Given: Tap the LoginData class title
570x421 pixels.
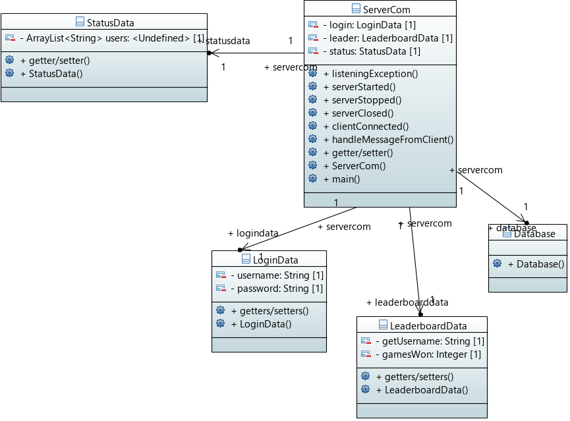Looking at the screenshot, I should [273, 259].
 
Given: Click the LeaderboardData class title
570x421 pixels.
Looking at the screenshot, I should [428, 325].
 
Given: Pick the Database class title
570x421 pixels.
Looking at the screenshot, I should [534, 234].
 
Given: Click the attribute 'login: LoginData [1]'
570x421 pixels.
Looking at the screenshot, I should [369, 25].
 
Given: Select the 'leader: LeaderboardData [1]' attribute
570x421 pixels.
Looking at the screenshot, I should [387, 38].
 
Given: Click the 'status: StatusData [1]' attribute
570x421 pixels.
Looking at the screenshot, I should [372, 51].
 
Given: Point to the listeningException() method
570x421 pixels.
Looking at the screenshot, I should [374, 74].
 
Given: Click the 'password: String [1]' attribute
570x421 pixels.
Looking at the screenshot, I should [277, 289].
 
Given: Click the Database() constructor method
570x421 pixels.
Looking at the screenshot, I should [536, 264].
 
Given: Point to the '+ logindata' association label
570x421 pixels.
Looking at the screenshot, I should [253, 233].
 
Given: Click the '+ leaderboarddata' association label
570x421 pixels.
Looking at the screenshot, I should [407, 302].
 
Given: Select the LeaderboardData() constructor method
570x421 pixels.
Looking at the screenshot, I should [421, 390].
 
